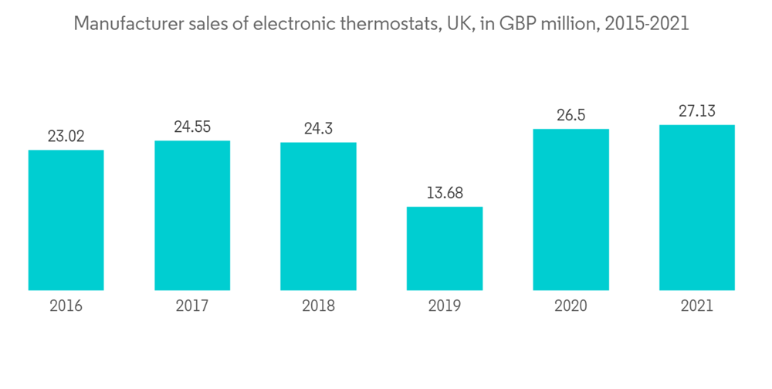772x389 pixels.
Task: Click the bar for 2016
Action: [66, 220]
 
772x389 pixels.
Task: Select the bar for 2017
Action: [192, 215]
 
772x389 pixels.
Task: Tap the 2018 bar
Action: [318, 216]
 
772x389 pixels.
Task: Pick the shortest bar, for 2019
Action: [445, 249]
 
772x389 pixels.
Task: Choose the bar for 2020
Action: [571, 209]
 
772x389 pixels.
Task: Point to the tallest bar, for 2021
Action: [696, 208]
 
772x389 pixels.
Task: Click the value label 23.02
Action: [66, 137]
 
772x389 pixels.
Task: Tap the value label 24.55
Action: [192, 127]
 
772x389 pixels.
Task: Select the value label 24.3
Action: [318, 129]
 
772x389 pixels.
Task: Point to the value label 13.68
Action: [445, 193]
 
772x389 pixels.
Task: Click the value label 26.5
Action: [571, 116]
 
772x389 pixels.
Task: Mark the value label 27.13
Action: [696, 111]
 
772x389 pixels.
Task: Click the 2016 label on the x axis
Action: [66, 306]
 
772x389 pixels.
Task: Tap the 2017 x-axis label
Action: [192, 306]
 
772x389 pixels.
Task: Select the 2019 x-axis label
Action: [445, 306]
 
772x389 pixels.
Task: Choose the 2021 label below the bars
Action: [696, 306]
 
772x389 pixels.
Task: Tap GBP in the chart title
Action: [517, 24]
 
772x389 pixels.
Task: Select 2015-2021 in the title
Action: [647, 24]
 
